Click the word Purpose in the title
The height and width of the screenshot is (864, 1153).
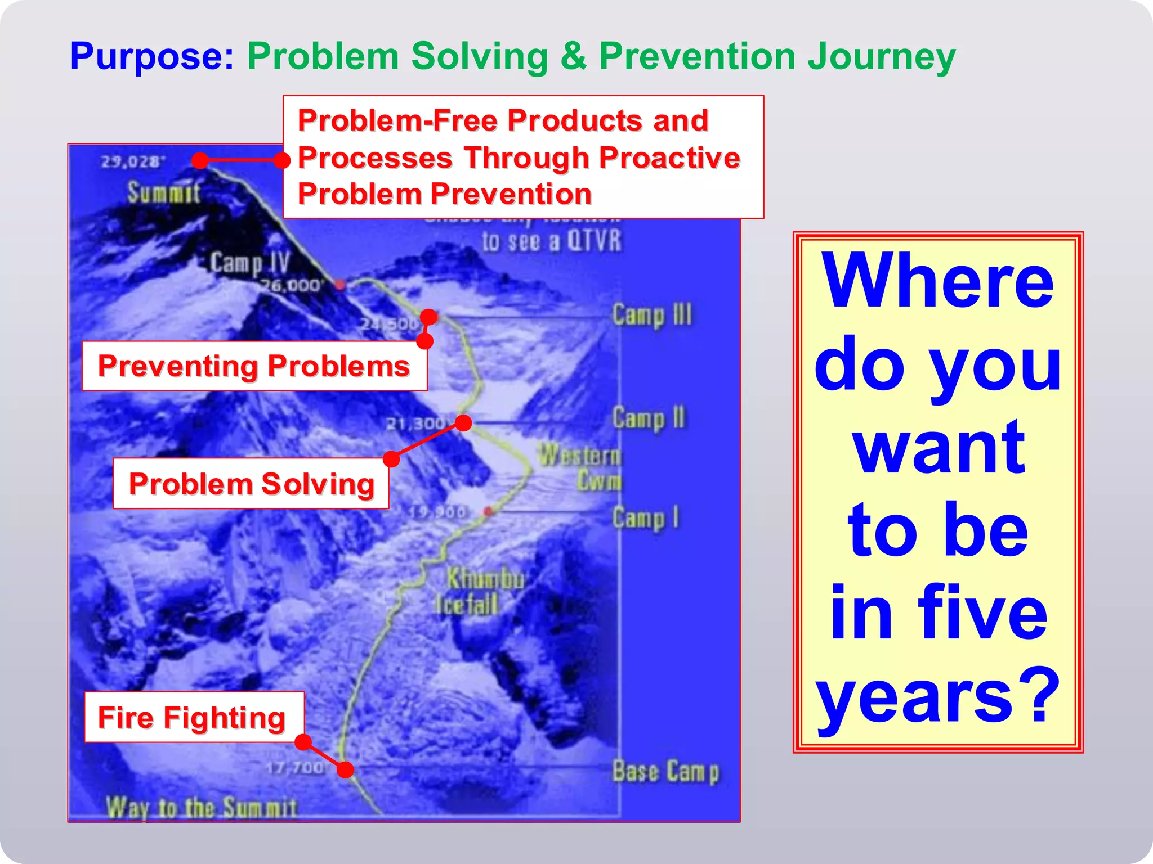151,57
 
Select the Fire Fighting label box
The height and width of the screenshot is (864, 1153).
194,717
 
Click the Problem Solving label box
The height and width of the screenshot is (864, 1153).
251,484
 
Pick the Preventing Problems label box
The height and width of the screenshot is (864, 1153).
254,366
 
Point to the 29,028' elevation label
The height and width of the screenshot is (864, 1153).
133,162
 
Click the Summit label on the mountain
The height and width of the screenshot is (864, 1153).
163,192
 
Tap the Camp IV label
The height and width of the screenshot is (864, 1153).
249,263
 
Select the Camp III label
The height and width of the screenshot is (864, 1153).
652,315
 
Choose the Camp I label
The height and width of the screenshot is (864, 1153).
645,518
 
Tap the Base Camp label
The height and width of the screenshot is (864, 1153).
665,772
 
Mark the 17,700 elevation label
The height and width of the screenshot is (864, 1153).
295,767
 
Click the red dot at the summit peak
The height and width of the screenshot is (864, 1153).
200,160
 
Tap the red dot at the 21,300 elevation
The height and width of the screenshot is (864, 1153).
463,423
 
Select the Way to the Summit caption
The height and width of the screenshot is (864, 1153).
201,808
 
